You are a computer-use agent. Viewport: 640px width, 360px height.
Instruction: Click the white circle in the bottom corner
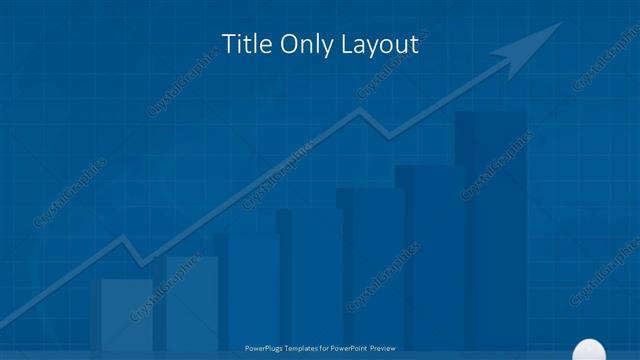586,350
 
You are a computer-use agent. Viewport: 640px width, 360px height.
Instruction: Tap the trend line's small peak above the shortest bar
122,239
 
